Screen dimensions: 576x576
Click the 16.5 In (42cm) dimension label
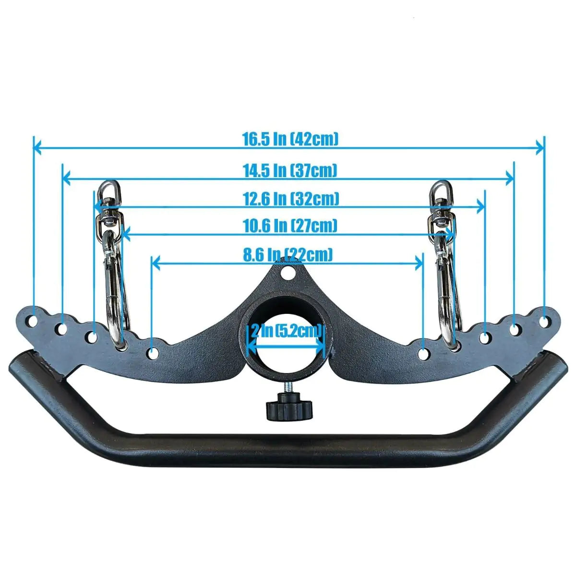tap(290, 139)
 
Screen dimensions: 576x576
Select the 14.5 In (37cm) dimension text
tap(290, 171)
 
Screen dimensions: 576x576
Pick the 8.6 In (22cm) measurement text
tap(288, 255)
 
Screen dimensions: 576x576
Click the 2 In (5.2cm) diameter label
tap(286, 331)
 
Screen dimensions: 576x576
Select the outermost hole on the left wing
tap(33, 321)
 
